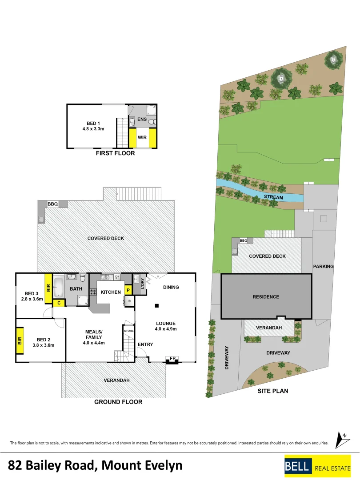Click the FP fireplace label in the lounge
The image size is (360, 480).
point(172,358)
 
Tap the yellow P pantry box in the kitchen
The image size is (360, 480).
point(128,290)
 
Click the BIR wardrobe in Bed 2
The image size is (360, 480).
point(20,340)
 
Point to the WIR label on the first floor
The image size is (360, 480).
point(142,138)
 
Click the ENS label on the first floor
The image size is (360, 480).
point(142,120)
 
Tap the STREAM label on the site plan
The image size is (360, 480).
point(273,197)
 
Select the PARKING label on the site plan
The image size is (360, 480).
point(323,267)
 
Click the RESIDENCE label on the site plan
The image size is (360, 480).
point(266,297)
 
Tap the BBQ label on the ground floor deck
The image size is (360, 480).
point(53,204)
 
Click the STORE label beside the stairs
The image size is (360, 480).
point(128,331)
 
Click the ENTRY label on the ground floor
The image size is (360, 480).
point(145,344)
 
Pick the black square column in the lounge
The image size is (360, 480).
point(157,305)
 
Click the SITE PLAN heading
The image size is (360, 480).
point(273,391)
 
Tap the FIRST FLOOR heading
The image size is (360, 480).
point(115,153)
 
